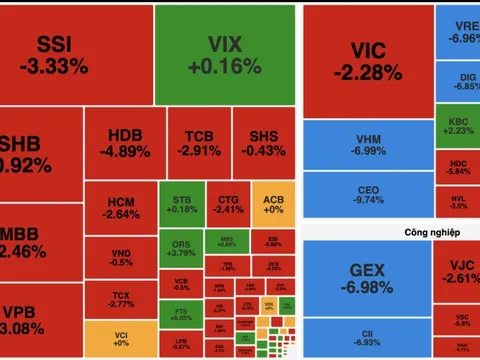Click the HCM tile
(120, 207)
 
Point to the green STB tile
(180, 203)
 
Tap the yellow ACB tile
(271, 203)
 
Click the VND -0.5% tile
(120, 256)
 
